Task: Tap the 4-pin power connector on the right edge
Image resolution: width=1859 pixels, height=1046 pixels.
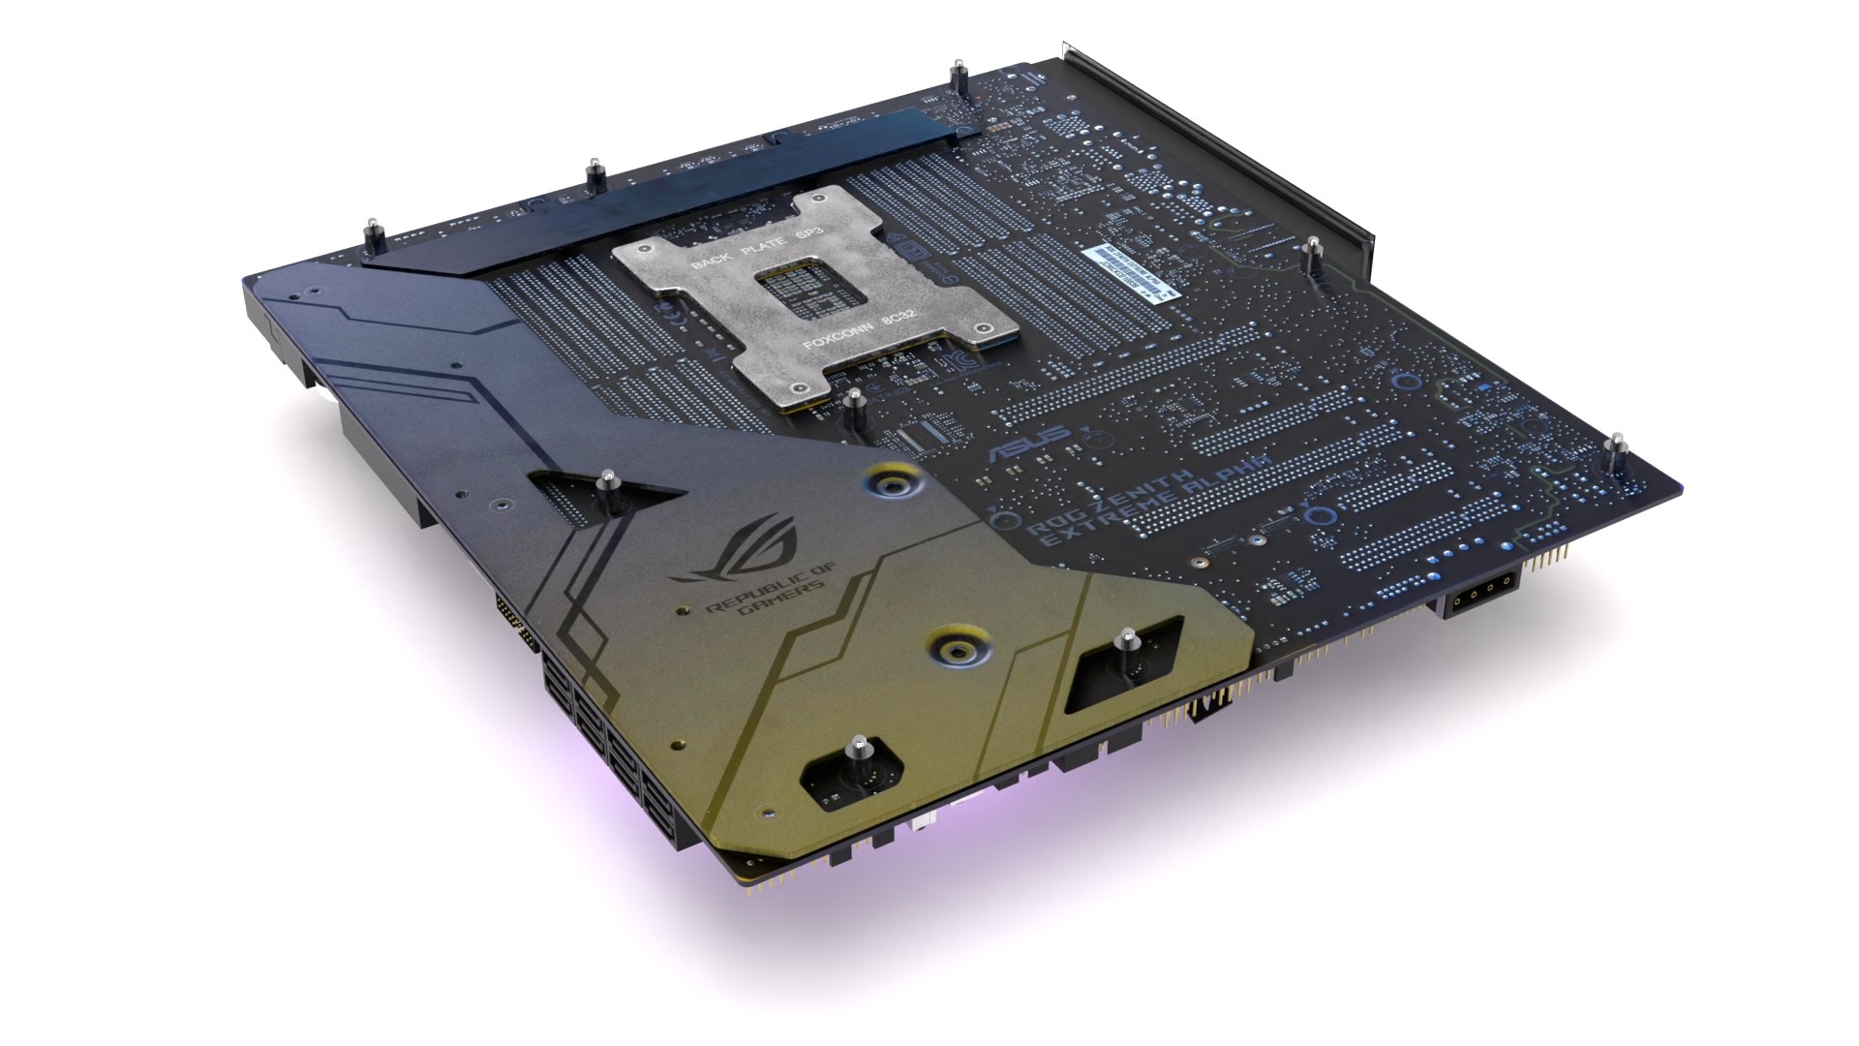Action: coord(1482,590)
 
